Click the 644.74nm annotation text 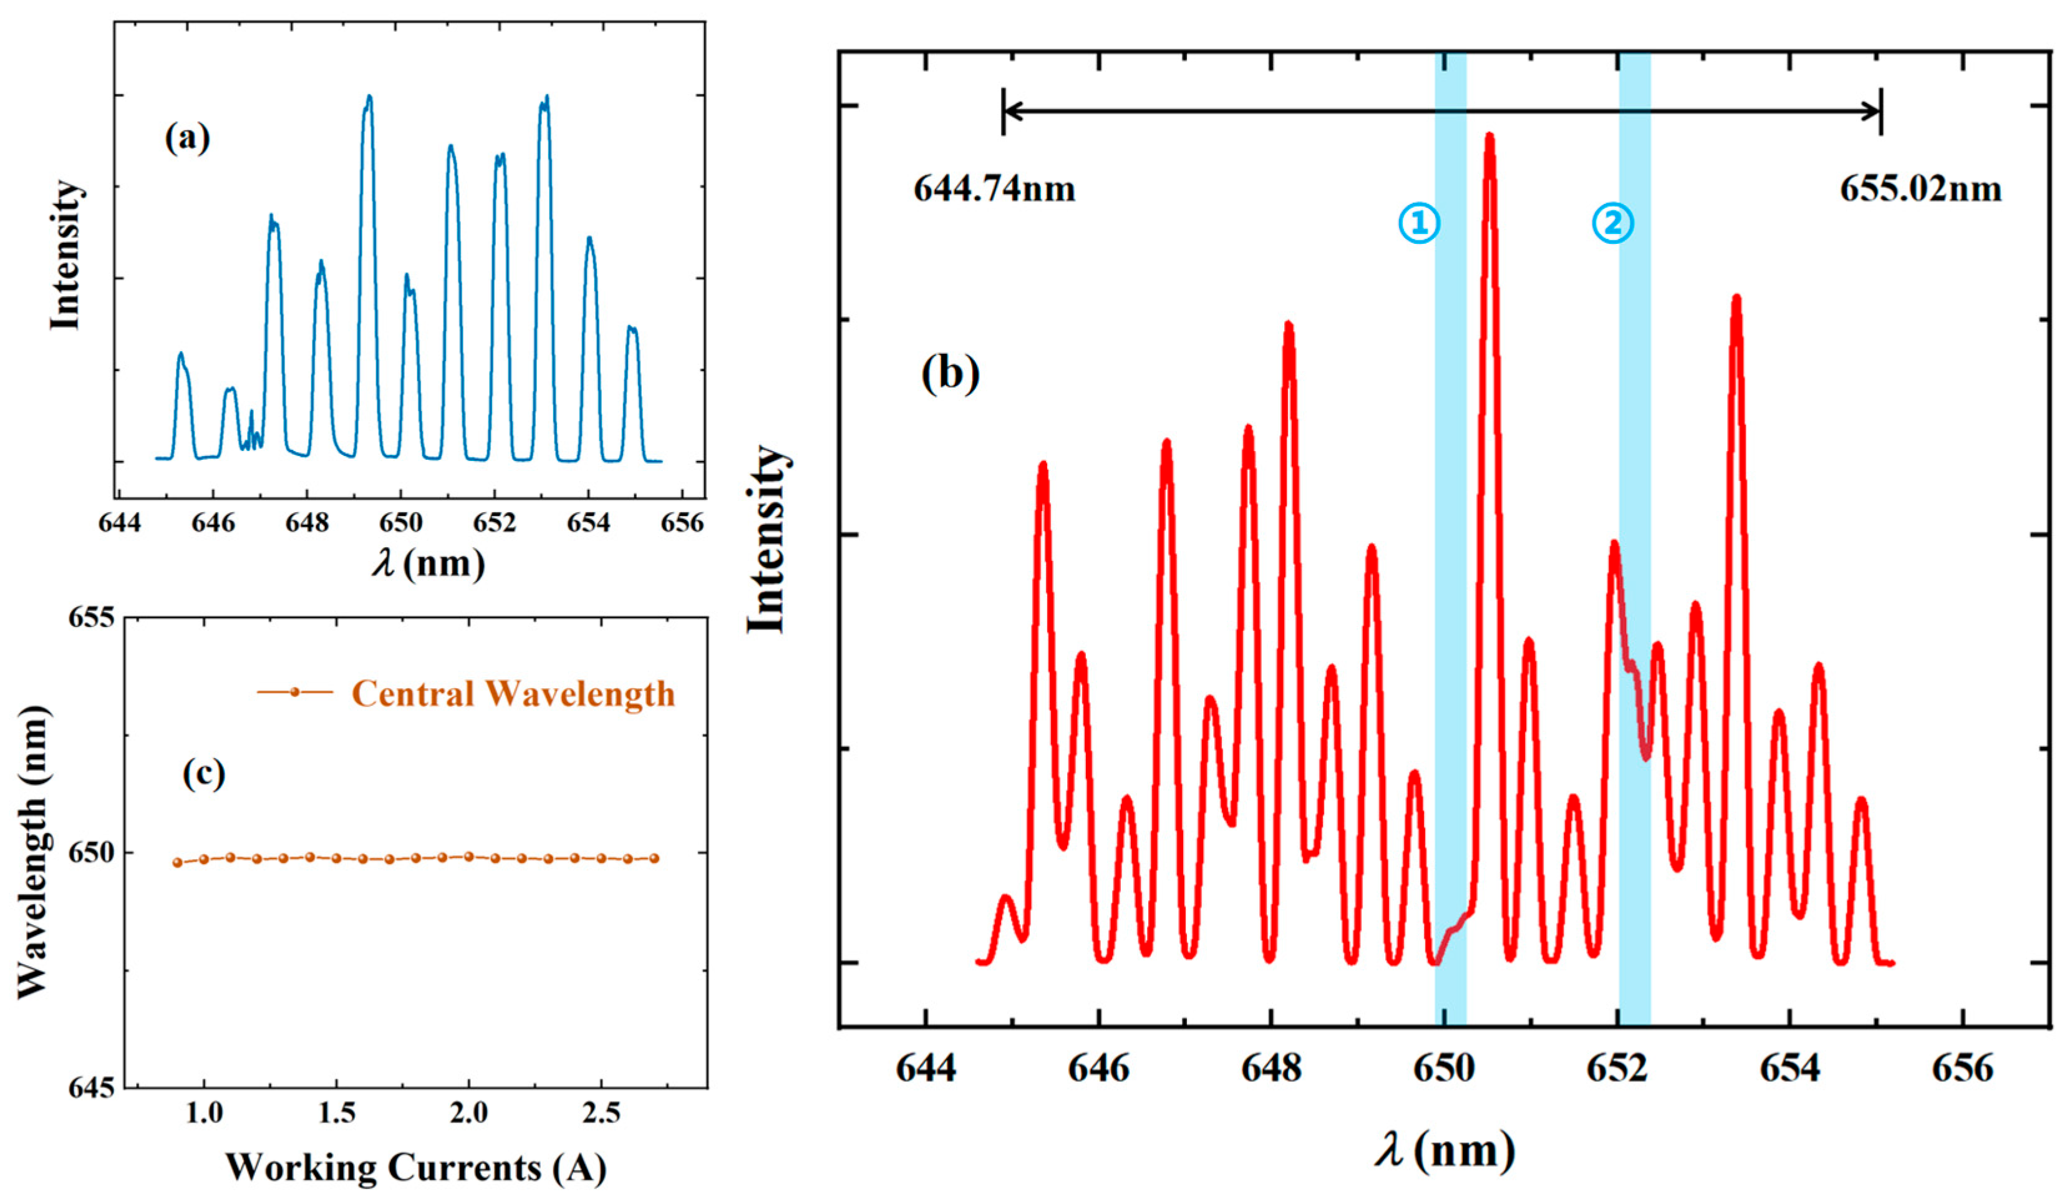pyautogui.click(x=994, y=190)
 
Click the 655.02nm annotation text pyautogui.click(x=1920, y=190)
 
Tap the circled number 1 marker pyautogui.click(x=1418, y=223)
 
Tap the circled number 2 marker pyautogui.click(x=1612, y=223)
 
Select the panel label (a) pyautogui.click(x=187, y=137)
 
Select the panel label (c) pyautogui.click(x=203, y=773)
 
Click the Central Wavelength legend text pyautogui.click(x=513, y=694)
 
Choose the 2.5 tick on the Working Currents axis pyautogui.click(x=601, y=1114)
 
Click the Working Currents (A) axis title pyautogui.click(x=415, y=1167)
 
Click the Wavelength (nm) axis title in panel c pyautogui.click(x=32, y=852)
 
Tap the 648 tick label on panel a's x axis pyautogui.click(x=307, y=522)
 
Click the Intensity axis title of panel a pyautogui.click(x=65, y=255)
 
